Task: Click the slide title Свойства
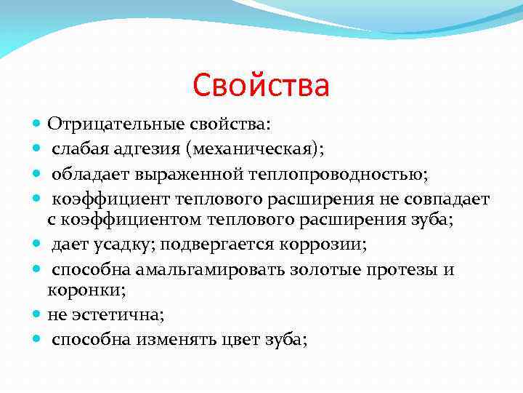tap(261, 85)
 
